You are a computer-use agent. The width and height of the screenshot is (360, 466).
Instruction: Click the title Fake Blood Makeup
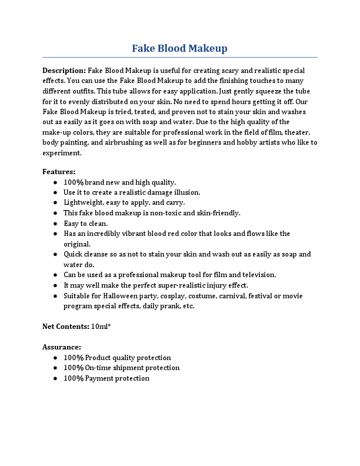coord(179,48)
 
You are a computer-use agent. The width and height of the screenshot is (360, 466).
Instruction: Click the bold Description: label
coord(64,71)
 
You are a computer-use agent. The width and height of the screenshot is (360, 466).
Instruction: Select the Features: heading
coord(59,172)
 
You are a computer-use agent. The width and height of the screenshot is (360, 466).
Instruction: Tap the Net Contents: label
coord(65,327)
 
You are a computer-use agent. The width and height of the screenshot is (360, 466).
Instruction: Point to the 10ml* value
coord(101,327)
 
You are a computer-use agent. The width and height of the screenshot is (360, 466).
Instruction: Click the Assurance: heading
coord(62,347)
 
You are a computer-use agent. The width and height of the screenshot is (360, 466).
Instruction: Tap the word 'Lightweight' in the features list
coord(82,202)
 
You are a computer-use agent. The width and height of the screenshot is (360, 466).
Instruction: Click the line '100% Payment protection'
coord(106,378)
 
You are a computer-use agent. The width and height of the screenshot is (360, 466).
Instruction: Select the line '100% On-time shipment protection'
coord(121,368)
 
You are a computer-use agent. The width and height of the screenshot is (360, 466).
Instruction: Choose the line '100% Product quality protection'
coord(117,358)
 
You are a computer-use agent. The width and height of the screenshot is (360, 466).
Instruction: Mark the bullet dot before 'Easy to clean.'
coord(55,224)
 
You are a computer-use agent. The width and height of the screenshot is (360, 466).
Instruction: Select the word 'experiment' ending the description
coord(61,153)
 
